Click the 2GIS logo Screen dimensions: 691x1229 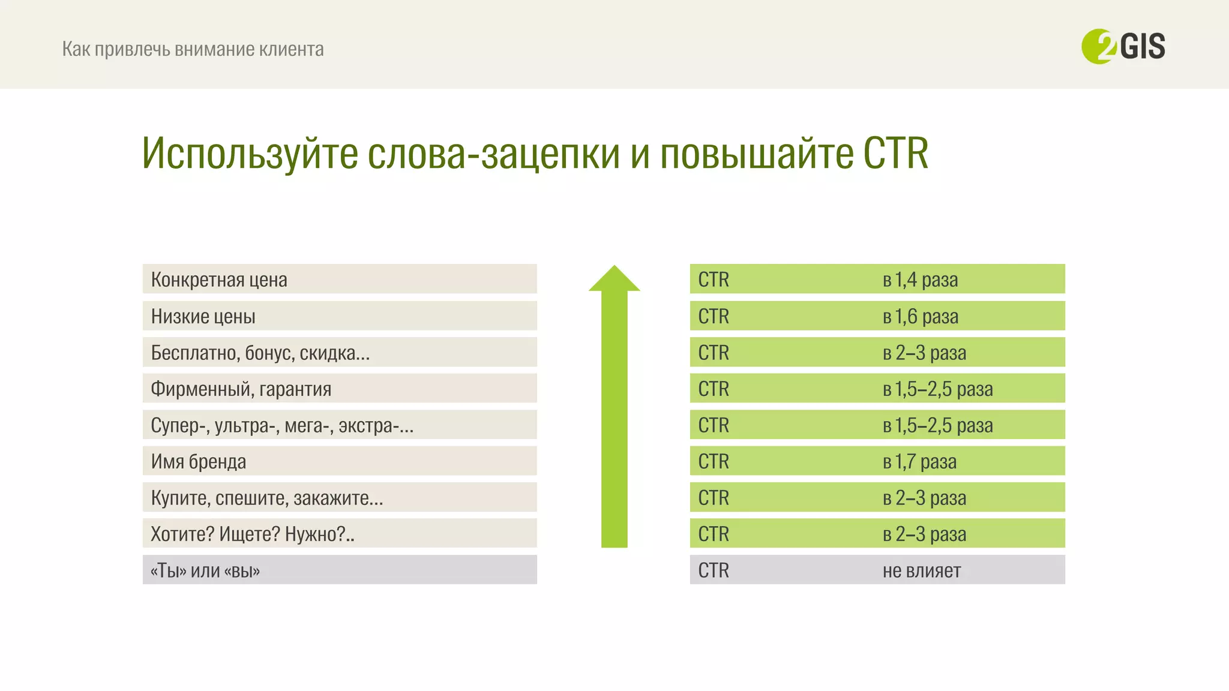pos(1123,46)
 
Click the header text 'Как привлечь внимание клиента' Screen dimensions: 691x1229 pos(193,49)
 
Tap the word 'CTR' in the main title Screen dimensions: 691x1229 pos(895,154)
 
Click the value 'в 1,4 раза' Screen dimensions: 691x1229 pos(920,280)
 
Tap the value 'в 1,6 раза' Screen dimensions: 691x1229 pos(920,316)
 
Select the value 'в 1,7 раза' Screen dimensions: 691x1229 pos(919,461)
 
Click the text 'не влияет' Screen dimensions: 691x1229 pos(921,570)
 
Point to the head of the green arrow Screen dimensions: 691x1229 pos(614,280)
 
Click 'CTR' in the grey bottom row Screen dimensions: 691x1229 pos(714,570)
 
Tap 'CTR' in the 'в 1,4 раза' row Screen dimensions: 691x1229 pos(714,280)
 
